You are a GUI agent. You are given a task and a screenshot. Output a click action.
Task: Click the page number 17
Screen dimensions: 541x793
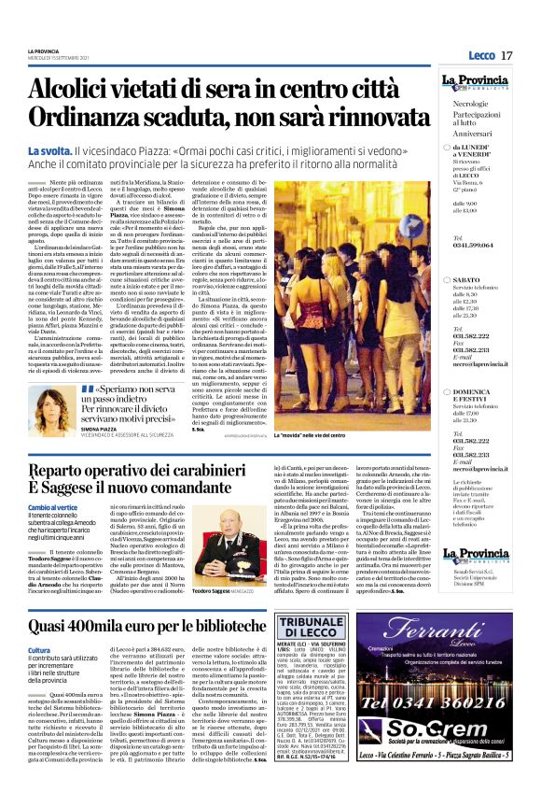tap(506, 55)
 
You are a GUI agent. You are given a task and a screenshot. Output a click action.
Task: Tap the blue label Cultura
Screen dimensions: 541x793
tap(39, 650)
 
